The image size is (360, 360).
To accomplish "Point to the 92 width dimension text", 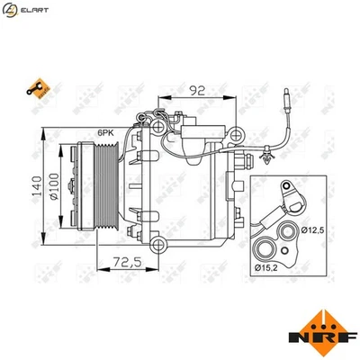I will coord(197,89).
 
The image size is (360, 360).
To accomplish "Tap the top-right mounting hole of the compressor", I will coord(235,135).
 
